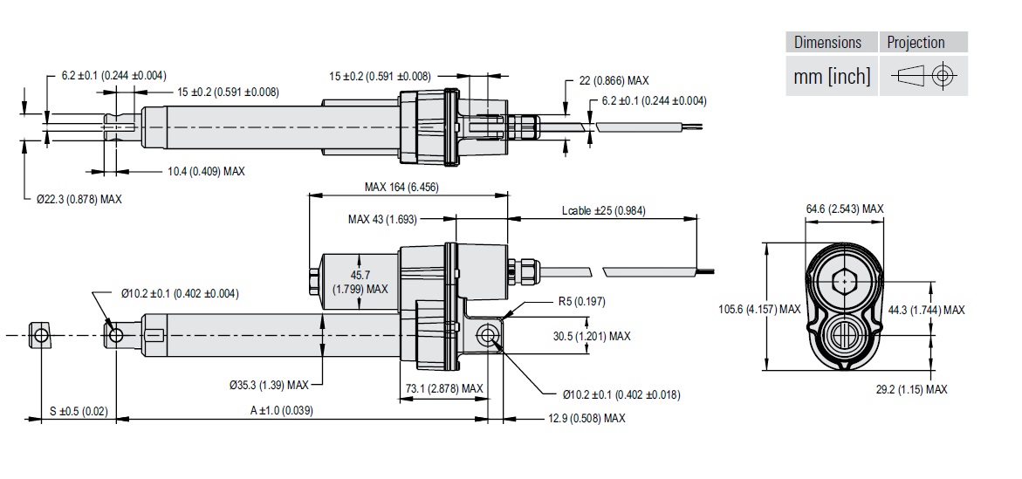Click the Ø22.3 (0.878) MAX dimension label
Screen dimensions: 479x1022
79,199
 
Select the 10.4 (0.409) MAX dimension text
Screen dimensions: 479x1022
206,171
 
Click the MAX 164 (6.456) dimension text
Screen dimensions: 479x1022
408,187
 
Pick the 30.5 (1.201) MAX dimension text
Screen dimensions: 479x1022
591,336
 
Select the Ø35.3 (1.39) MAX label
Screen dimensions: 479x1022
269,385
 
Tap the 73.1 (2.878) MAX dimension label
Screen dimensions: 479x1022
444,388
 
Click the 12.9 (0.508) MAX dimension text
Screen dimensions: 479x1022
586,419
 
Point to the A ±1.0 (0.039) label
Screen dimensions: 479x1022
282,411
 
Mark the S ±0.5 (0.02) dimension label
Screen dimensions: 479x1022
79,411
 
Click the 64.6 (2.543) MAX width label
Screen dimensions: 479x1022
844,209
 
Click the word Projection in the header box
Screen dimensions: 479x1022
916,42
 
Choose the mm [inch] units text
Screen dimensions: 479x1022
832,77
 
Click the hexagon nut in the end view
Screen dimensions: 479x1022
843,282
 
